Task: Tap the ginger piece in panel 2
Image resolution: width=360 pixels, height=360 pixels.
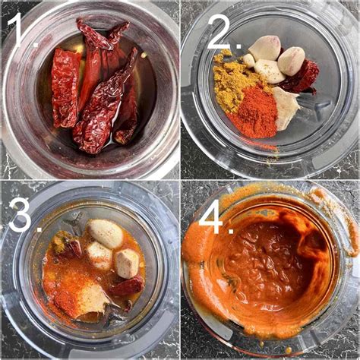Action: pos(284,108)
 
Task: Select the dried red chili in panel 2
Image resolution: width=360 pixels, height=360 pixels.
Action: pos(302,76)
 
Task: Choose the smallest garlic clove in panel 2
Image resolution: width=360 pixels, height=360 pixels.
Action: pos(248,61)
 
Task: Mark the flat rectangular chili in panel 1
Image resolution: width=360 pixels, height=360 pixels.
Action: pos(65,87)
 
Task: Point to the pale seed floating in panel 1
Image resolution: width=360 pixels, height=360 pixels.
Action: pos(144,55)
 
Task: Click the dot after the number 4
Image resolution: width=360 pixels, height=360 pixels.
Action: pos(231,230)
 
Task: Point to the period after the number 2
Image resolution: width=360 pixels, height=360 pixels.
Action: pos(238,46)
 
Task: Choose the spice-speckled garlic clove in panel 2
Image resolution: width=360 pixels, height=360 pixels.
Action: pos(269,71)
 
